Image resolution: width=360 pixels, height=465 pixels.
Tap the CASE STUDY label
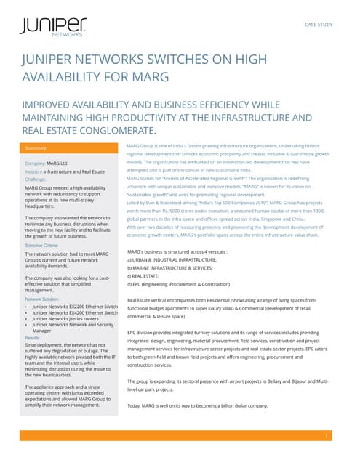pyautogui.click(x=319, y=24)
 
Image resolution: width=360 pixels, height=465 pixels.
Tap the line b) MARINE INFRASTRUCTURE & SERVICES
pyautogui.click(x=175, y=267)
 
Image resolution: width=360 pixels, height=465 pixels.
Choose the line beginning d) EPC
pyautogui.click(x=178, y=285)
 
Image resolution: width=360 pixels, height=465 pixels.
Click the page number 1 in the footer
pyautogui.click(x=328, y=436)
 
